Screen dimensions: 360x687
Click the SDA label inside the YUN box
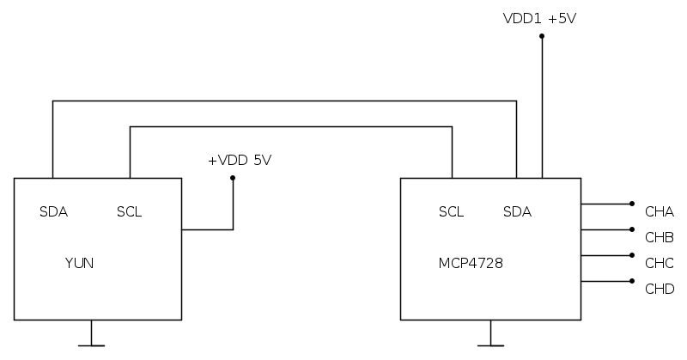point(53,212)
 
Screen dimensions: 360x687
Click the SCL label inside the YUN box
point(129,212)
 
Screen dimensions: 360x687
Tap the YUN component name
point(79,263)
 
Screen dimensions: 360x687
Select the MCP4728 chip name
point(471,263)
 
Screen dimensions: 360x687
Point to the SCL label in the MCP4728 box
point(451,212)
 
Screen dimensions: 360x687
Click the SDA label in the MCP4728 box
point(517,212)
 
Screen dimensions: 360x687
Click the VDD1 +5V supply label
point(539,17)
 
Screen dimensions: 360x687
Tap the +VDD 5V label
point(240,161)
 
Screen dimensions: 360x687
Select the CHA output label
point(659,212)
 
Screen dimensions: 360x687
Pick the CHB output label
point(659,237)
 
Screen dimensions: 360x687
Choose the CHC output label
point(659,263)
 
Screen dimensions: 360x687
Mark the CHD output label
point(659,289)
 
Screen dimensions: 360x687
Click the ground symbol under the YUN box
point(91,343)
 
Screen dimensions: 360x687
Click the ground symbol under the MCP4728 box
point(490,343)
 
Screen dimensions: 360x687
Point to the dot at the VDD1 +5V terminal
point(542,36)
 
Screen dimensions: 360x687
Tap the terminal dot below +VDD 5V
point(233,179)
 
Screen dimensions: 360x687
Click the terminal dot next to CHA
point(632,204)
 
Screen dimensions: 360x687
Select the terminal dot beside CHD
point(632,281)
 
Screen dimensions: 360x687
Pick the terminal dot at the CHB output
point(632,229)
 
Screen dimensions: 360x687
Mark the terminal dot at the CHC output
point(632,255)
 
